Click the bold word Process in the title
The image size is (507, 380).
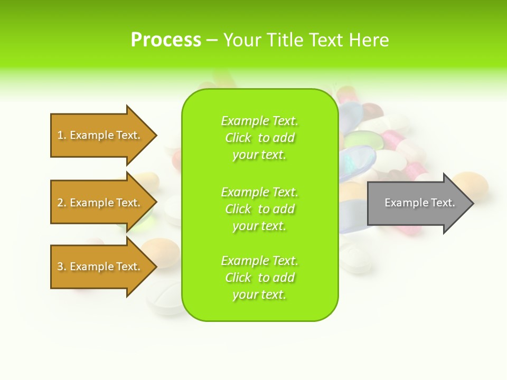click(166, 40)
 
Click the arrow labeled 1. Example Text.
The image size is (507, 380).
click(100, 135)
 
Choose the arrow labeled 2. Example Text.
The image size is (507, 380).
click(100, 203)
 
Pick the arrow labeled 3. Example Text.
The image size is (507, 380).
click(100, 267)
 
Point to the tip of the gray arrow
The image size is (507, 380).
click(472, 203)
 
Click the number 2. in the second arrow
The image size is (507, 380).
click(62, 203)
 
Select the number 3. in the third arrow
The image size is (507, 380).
click(62, 267)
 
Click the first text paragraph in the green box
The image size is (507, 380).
click(260, 138)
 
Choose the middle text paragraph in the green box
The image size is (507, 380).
click(260, 209)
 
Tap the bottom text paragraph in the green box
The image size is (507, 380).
click(260, 278)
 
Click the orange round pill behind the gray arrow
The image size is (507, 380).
click(472, 183)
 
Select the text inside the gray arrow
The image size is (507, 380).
click(420, 203)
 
